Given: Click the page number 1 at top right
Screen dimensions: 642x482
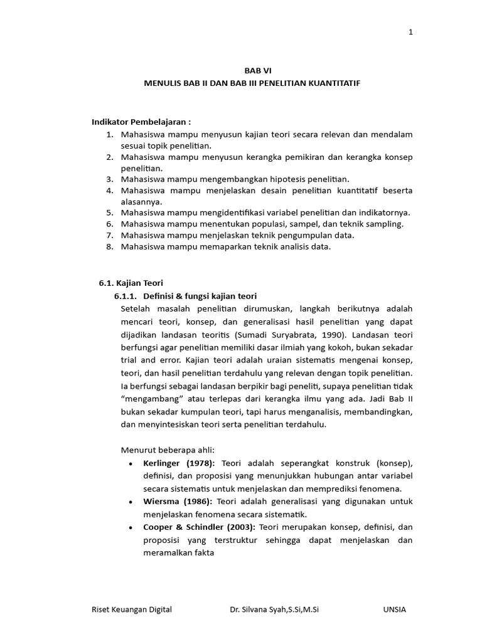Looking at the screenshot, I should [x=410, y=33].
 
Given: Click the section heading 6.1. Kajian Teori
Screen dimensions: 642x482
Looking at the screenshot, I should [x=131, y=283].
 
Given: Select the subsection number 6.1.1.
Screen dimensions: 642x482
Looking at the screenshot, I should [x=125, y=296].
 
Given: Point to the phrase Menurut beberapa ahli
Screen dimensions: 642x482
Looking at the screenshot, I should [x=167, y=450].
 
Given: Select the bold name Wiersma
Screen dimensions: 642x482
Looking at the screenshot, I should [x=161, y=502].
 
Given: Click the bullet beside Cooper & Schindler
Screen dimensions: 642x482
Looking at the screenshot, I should [x=129, y=527].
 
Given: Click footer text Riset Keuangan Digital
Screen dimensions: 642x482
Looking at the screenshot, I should [x=132, y=609].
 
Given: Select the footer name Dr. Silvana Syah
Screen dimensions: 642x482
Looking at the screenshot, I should [x=259, y=609].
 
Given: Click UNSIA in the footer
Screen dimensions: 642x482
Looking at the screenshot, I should [x=395, y=609].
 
